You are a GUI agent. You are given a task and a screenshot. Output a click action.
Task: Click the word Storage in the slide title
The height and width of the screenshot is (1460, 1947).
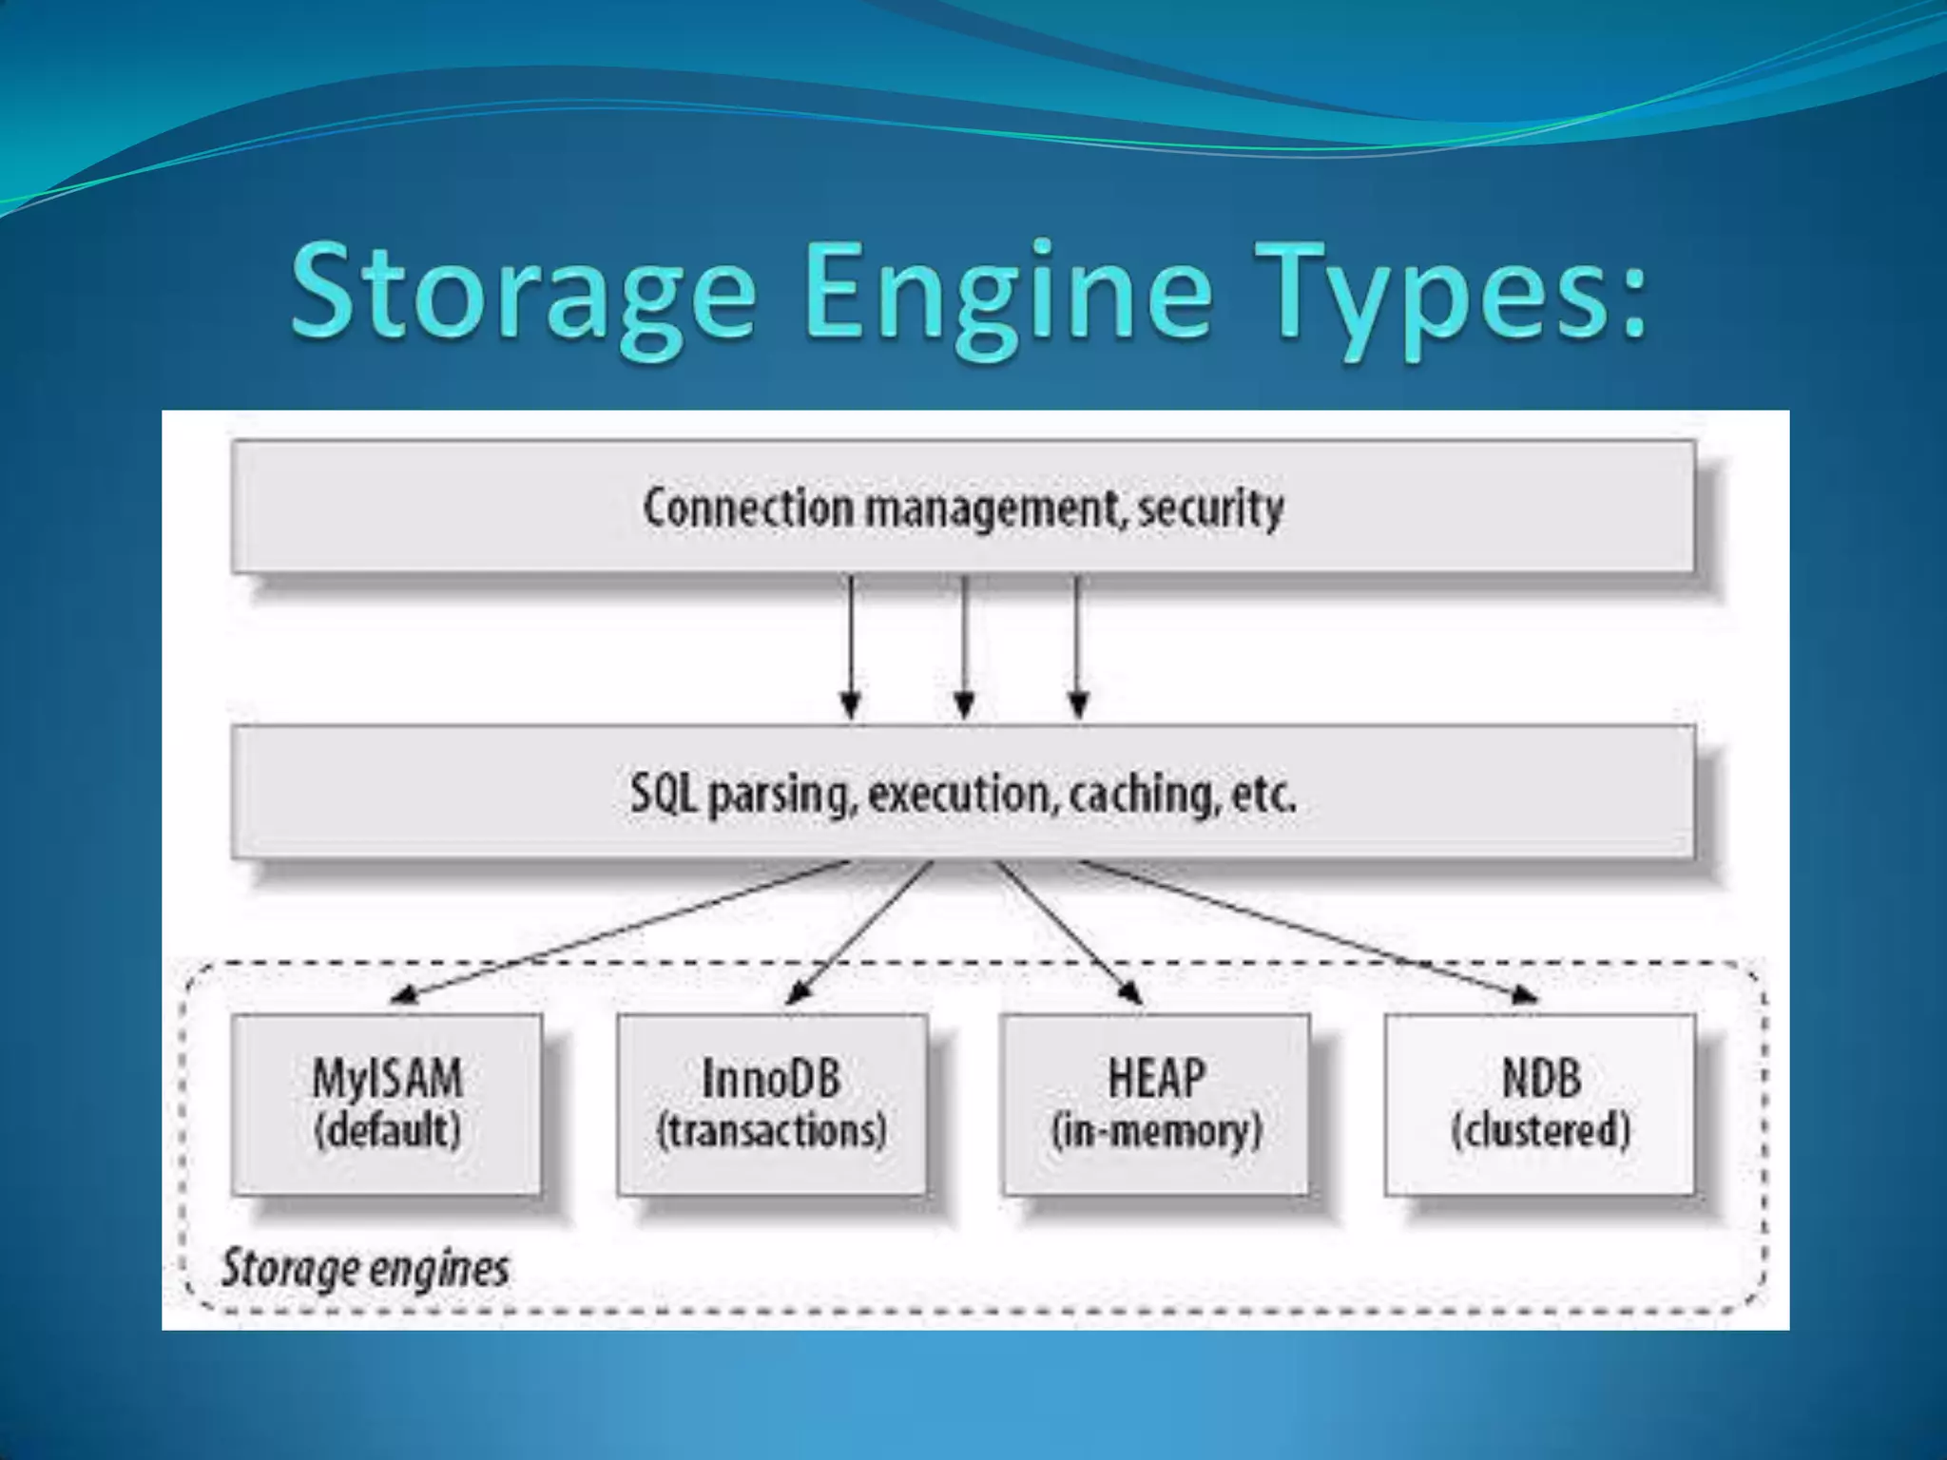pyautogui.click(x=523, y=293)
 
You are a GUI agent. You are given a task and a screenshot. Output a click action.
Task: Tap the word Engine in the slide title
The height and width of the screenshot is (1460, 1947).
pyautogui.click(x=1008, y=293)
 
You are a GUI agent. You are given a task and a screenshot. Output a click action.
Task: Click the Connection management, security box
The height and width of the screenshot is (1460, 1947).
pyautogui.click(x=962, y=507)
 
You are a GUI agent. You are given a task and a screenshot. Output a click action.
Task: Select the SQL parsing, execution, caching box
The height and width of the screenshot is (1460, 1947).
pyautogui.click(x=962, y=793)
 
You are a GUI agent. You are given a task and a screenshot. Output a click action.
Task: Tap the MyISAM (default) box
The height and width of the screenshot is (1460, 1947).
pyautogui.click(x=387, y=1105)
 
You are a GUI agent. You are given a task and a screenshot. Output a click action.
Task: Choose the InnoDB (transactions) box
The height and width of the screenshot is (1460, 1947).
pyautogui.click(x=771, y=1105)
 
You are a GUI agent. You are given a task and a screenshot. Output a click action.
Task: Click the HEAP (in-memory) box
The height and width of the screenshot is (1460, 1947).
pyautogui.click(x=1156, y=1105)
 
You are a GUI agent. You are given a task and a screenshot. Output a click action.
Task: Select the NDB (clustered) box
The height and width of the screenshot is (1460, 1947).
pyautogui.click(x=1540, y=1105)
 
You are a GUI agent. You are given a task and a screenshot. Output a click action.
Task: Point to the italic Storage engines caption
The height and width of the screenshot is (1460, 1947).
pyautogui.click(x=365, y=1268)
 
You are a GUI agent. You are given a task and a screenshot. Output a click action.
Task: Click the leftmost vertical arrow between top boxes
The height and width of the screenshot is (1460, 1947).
pyautogui.click(x=851, y=646)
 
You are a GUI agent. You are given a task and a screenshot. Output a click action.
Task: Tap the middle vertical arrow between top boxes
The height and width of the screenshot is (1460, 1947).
pyautogui.click(x=964, y=646)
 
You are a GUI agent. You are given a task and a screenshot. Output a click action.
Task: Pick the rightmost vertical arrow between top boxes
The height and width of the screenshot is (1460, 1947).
pyautogui.click(x=1077, y=646)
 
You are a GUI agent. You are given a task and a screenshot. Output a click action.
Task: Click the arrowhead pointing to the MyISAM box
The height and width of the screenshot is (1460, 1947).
pyautogui.click(x=405, y=995)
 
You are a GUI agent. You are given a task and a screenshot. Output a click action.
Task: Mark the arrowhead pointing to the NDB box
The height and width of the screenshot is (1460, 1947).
pyautogui.click(x=1523, y=995)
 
